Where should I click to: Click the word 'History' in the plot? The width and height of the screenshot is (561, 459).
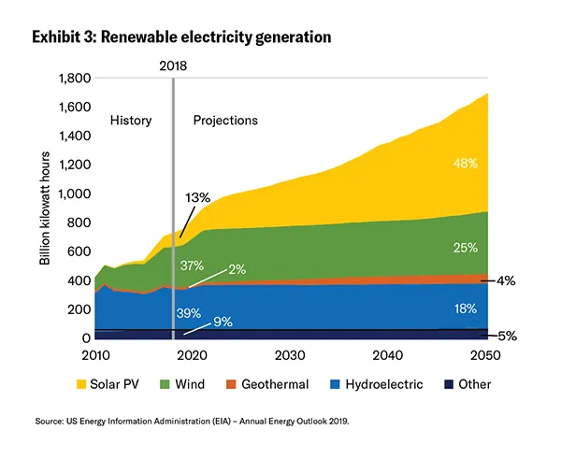coord(130,121)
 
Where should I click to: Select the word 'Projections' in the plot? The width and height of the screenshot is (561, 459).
coord(225,121)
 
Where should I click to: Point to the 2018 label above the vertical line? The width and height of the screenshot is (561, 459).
coord(174,65)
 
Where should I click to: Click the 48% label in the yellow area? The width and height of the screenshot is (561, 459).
coord(464,163)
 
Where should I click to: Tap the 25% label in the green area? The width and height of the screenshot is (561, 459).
coord(465,248)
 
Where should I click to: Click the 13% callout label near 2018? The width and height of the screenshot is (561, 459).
coord(198,198)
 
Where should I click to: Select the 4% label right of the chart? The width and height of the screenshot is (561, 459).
coord(505,280)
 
